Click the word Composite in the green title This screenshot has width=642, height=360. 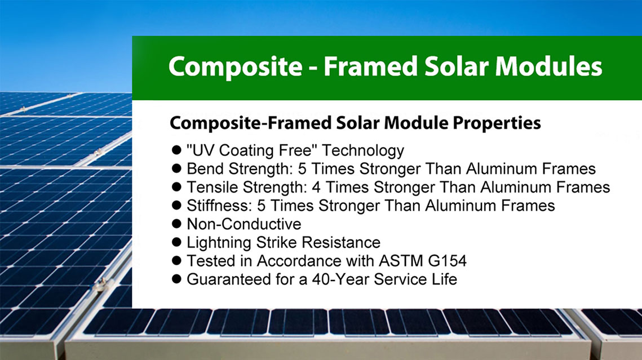click(236, 67)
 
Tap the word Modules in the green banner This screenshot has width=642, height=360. click(548, 66)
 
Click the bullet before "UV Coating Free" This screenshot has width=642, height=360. click(176, 150)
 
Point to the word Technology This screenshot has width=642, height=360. click(363, 150)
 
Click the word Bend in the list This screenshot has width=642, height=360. click(205, 168)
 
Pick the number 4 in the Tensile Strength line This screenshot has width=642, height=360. click(316, 188)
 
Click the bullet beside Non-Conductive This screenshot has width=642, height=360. click(176, 223)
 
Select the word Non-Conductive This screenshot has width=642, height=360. click(244, 224)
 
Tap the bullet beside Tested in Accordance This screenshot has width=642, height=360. click(176, 260)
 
